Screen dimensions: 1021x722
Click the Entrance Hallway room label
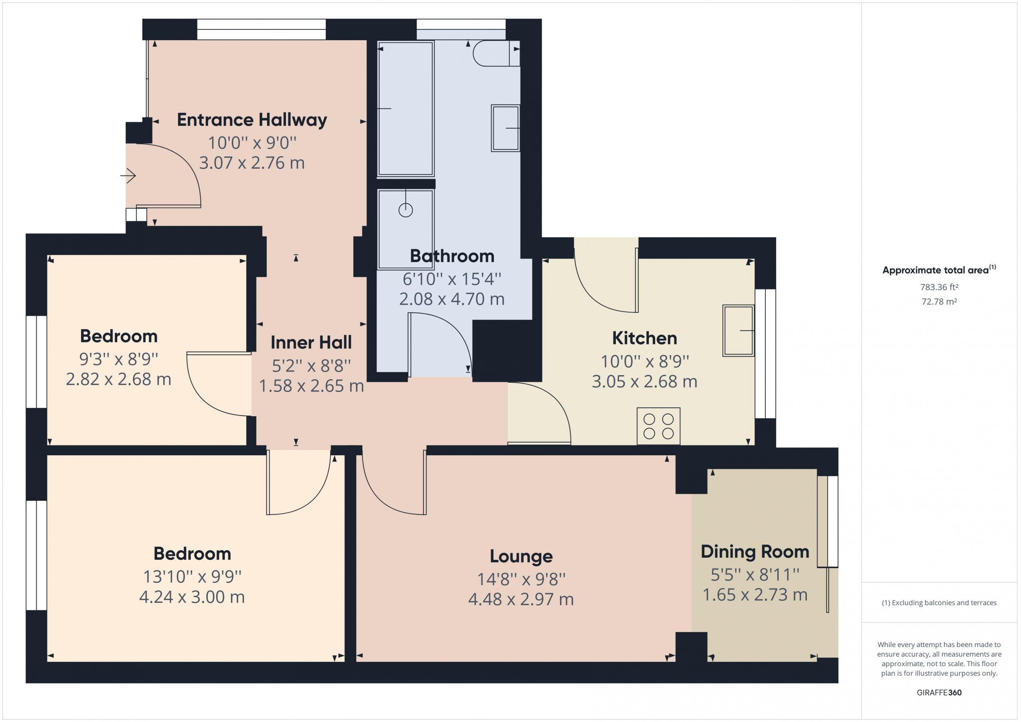[x=252, y=120]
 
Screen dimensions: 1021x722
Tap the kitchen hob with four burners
[x=658, y=426]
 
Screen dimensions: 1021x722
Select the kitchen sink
[x=738, y=331]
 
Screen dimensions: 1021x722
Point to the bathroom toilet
[x=496, y=53]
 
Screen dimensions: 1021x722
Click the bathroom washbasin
[x=506, y=128]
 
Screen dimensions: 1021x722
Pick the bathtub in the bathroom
[x=405, y=109]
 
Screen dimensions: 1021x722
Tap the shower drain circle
[x=406, y=210]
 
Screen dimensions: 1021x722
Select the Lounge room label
[x=521, y=556]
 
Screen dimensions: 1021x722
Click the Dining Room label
[x=755, y=552]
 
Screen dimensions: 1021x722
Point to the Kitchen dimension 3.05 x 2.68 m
[x=645, y=382]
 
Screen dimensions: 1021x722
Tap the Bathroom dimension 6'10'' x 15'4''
[x=452, y=279]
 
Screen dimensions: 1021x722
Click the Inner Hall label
[x=311, y=342]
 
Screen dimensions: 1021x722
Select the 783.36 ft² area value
[x=939, y=287]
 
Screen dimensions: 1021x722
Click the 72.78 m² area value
[x=939, y=301]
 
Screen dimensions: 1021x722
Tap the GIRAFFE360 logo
[x=939, y=692]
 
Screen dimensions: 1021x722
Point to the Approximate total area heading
[x=939, y=270]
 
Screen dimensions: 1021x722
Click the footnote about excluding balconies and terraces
[x=939, y=603]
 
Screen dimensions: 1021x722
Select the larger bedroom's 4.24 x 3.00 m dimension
[x=192, y=597]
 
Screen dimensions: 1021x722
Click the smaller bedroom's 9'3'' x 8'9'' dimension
[x=119, y=359]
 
